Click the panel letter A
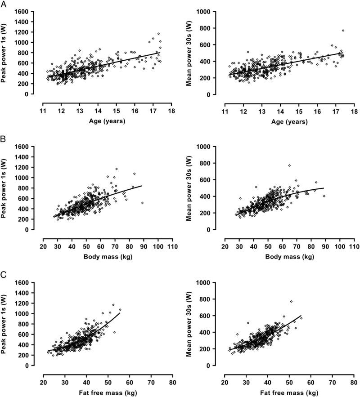pyautogui.click(x=3, y=4)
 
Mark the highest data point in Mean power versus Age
pyautogui.click(x=343, y=31)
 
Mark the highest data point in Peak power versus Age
pyautogui.click(x=158, y=34)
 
